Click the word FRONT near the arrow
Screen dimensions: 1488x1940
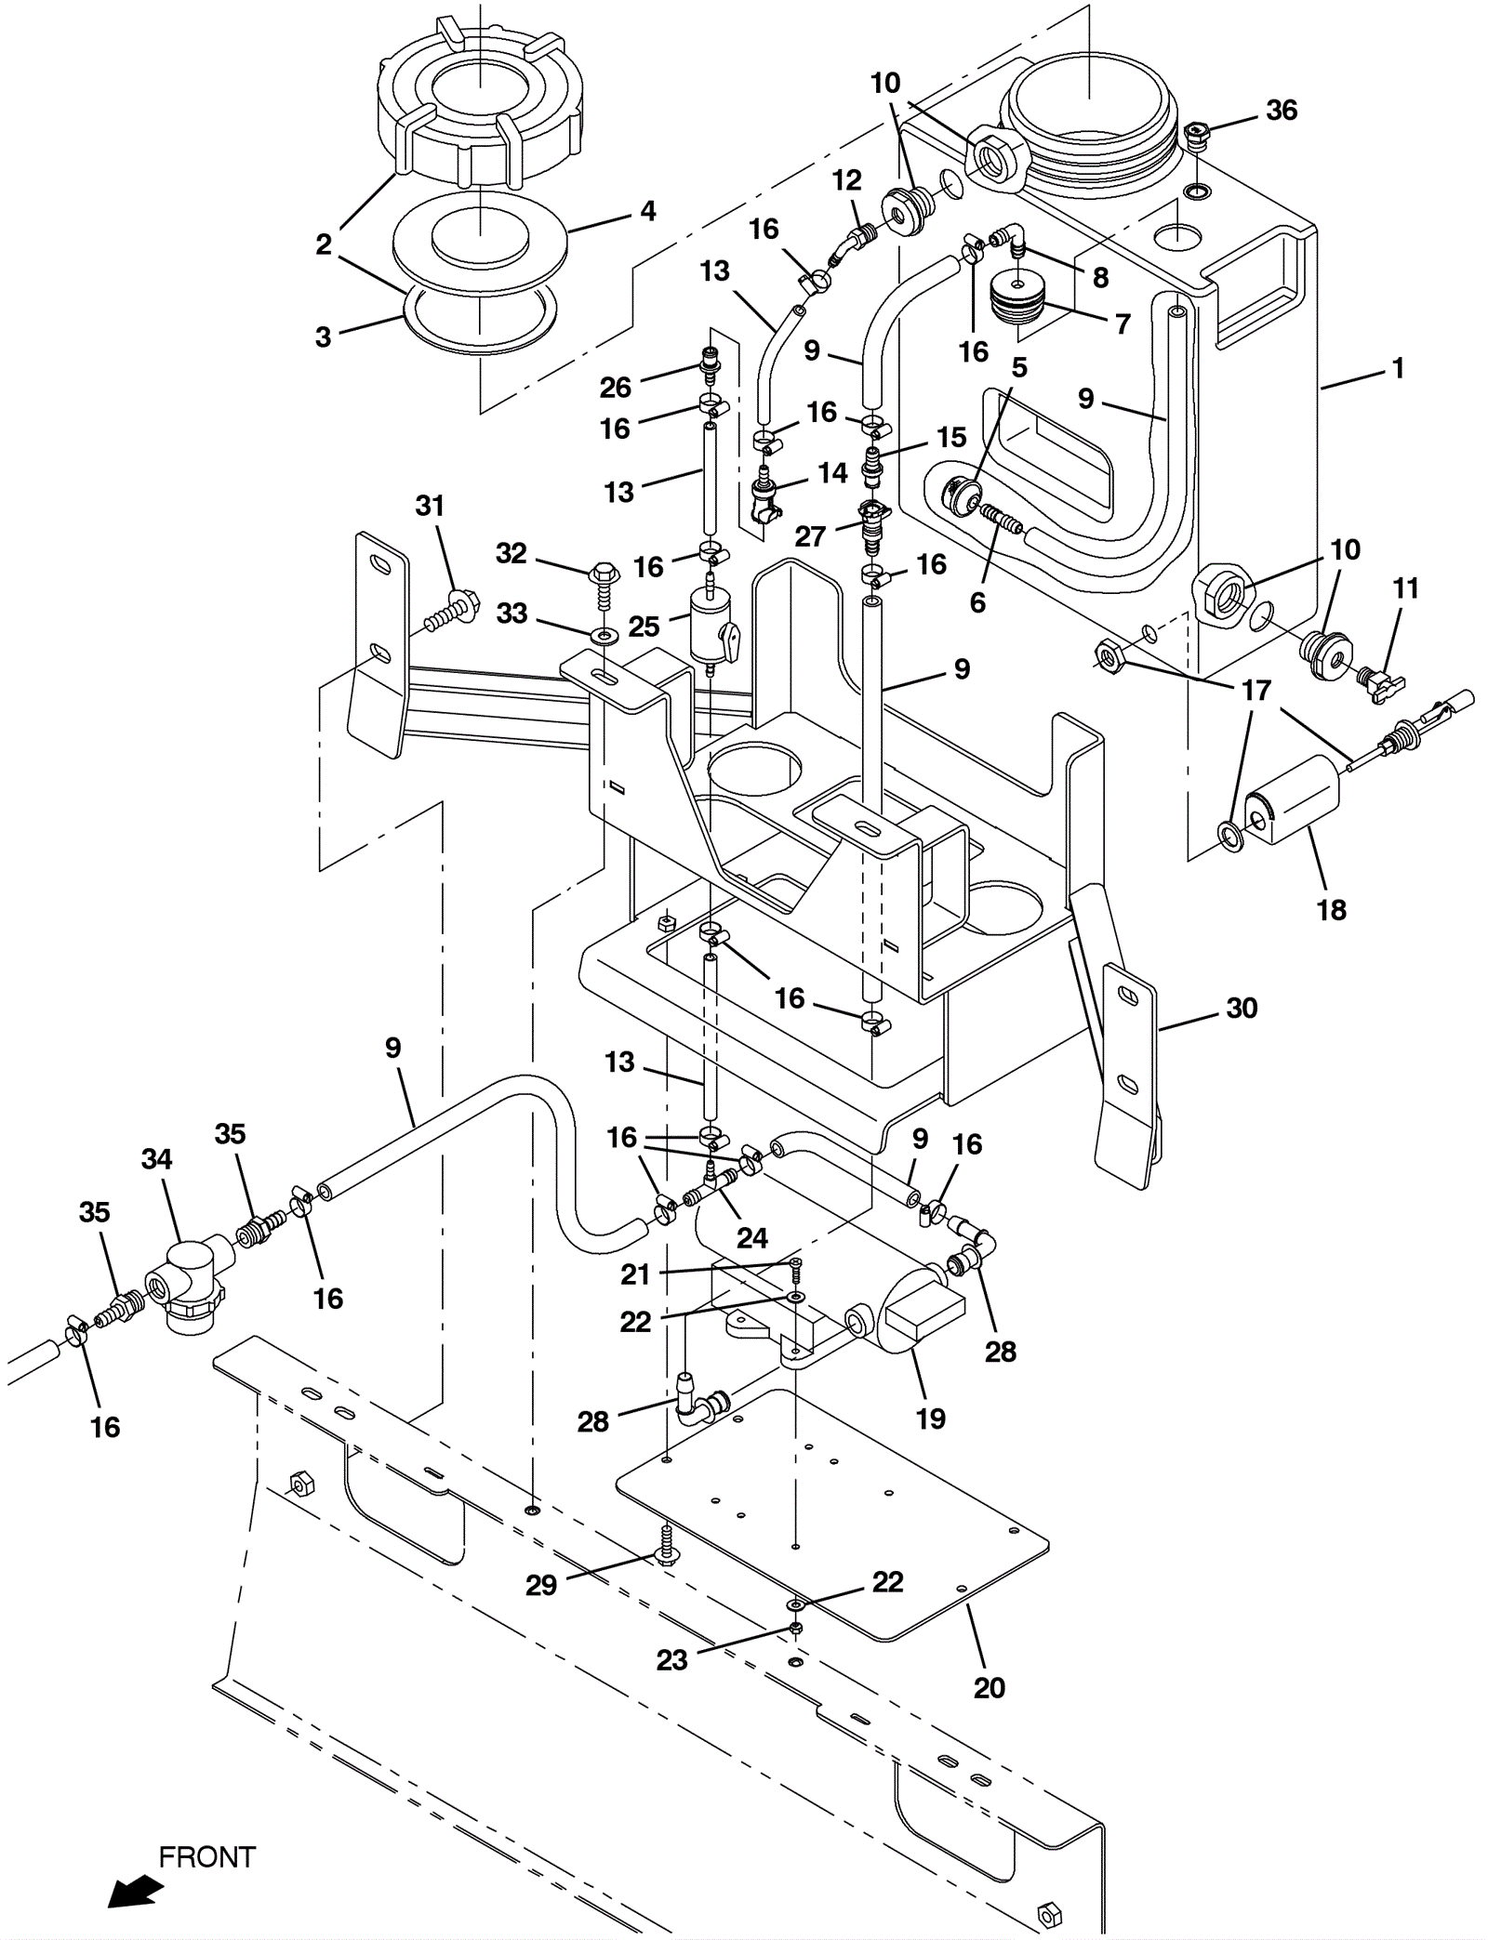point(206,1856)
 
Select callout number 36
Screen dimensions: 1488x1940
point(1282,111)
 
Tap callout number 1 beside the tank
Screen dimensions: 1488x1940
point(1397,369)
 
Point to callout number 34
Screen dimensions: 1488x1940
point(157,1159)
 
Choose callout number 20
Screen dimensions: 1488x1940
point(989,1687)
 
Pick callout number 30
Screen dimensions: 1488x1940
point(1242,1008)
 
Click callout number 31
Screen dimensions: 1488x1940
point(430,506)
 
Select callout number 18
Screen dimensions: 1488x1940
point(1332,910)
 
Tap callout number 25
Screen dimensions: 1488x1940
point(644,626)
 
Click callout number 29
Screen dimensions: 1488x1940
point(541,1585)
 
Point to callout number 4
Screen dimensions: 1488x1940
point(648,211)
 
